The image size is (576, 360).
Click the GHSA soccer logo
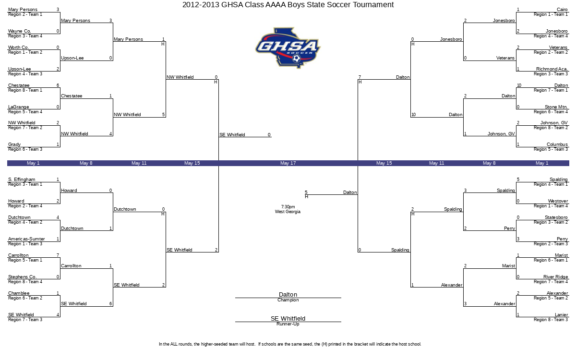[288, 48]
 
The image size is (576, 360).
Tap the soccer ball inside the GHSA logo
[297, 59]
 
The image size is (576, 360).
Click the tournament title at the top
[288, 5]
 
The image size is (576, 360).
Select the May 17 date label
[288, 163]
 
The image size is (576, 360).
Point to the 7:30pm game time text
[288, 207]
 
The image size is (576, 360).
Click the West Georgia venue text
[288, 212]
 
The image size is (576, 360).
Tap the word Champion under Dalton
[288, 300]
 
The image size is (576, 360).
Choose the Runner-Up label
[288, 324]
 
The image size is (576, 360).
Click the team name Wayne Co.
[20, 31]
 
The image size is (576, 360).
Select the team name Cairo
[562, 10]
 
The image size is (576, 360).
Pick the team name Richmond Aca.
[552, 69]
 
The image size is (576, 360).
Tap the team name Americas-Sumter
[26, 239]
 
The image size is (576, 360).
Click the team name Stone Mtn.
[556, 107]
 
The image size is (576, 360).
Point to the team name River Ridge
[556, 276]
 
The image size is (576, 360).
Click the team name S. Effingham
[22, 180]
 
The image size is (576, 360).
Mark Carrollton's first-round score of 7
[58, 255]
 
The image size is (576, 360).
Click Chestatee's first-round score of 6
[58, 85]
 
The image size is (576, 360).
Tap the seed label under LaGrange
[25, 112]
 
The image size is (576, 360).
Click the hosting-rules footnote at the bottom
[290, 344]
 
